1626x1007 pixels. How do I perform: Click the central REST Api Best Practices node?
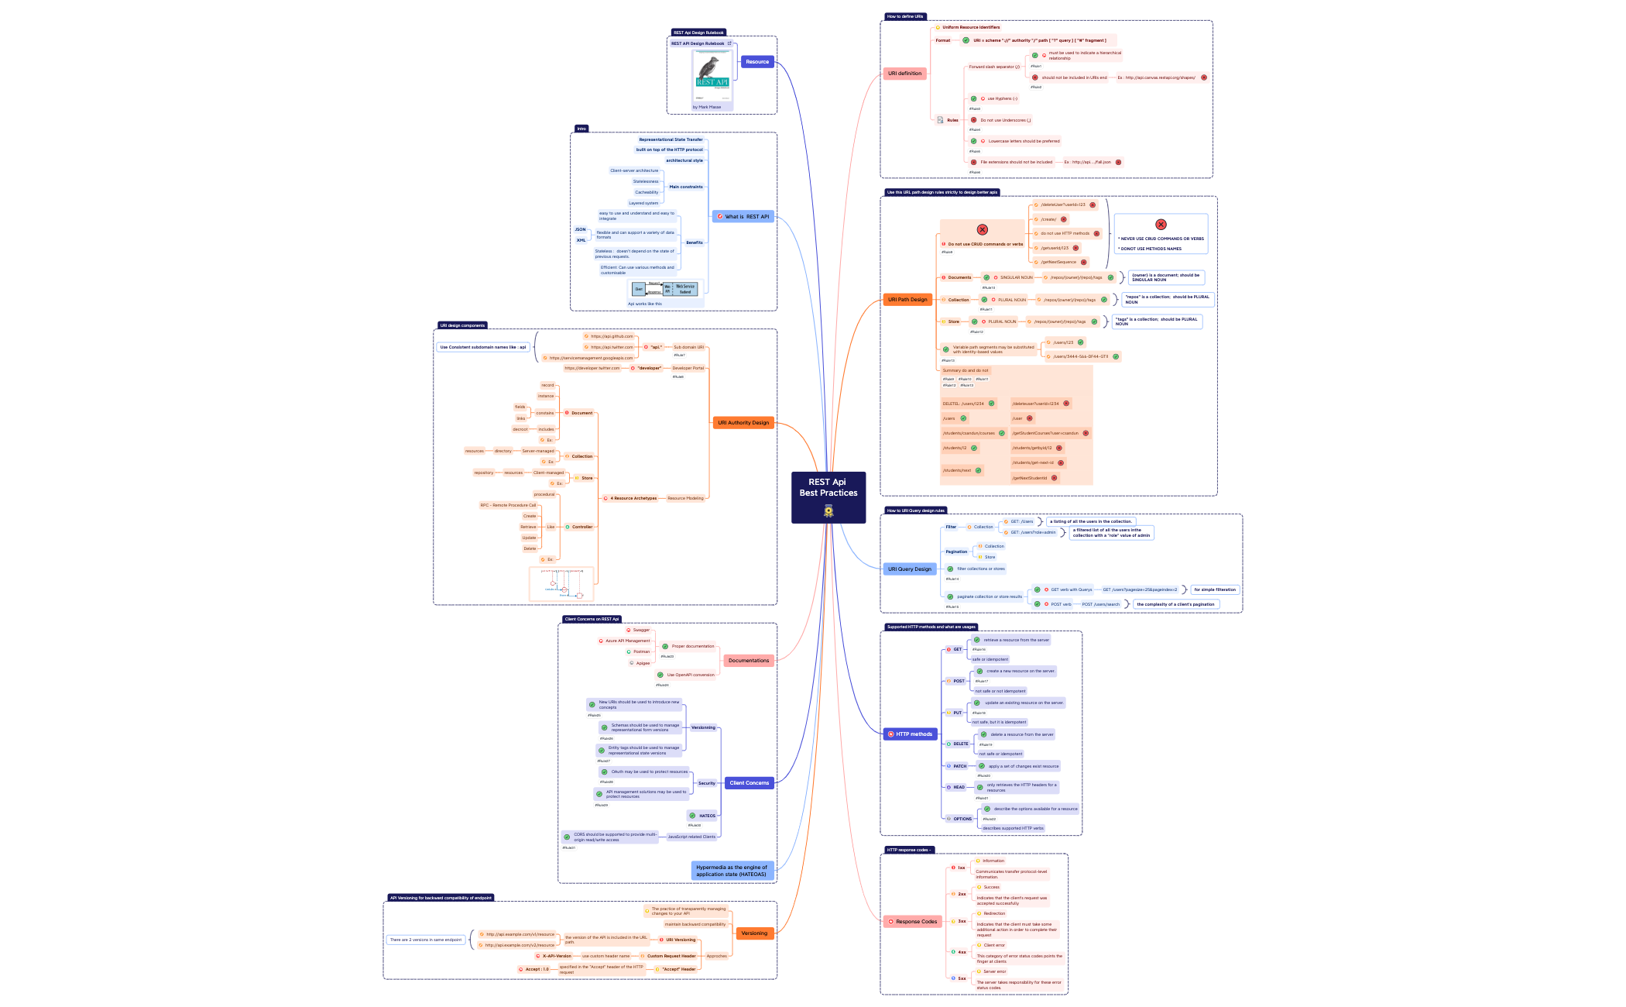click(x=828, y=497)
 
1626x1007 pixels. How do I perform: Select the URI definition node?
click(x=904, y=74)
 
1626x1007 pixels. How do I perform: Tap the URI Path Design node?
click(x=907, y=300)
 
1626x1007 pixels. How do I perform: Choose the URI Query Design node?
click(x=909, y=569)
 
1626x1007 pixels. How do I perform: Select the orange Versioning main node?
click(x=753, y=933)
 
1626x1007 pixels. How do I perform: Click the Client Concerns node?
click(x=749, y=783)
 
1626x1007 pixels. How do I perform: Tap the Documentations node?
click(x=748, y=661)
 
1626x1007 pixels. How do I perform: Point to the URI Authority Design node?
click(x=743, y=423)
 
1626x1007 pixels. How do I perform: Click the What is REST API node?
click(x=743, y=217)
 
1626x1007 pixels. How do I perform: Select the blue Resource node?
click(x=756, y=62)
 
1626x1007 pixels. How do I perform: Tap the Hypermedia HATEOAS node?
click(x=731, y=871)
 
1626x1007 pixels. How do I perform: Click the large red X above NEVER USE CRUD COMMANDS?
click(x=1160, y=225)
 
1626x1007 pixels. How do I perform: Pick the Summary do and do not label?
click(x=965, y=370)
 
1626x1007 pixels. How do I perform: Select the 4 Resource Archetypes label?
click(x=633, y=498)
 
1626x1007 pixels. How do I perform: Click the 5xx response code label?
click(x=961, y=978)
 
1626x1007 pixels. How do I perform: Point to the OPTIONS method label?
click(x=962, y=819)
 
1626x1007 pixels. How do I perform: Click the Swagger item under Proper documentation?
click(x=640, y=630)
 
